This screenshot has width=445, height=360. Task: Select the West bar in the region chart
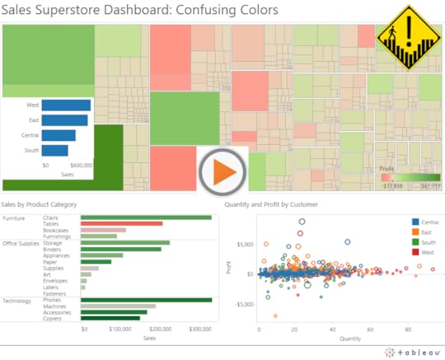coord(66,105)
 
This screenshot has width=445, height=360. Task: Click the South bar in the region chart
coord(54,150)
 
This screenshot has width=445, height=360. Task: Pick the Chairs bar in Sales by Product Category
coord(146,217)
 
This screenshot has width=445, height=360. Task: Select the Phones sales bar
coord(146,300)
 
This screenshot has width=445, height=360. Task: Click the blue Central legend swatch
coord(415,222)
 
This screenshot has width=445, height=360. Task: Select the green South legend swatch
coord(415,241)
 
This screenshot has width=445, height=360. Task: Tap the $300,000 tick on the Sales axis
coord(200,328)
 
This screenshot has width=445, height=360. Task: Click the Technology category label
coord(19,301)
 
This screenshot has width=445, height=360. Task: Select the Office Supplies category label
coord(21,243)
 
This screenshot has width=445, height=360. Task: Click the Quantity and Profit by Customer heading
coord(271,203)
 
